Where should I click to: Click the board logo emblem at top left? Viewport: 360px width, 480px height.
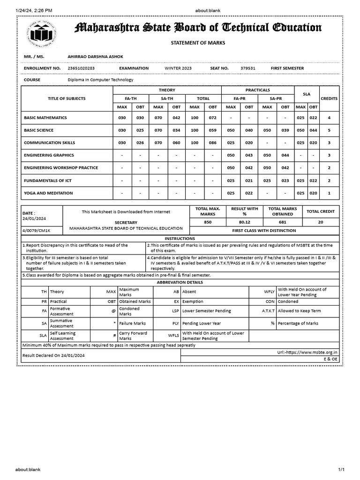click(x=42, y=34)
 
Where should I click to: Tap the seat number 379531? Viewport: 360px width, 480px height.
click(x=248, y=68)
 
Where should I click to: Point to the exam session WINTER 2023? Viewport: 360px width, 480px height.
click(x=178, y=68)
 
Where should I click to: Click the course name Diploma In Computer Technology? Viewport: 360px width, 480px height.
click(x=100, y=80)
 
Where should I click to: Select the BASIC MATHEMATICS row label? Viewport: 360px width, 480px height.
click(x=45, y=118)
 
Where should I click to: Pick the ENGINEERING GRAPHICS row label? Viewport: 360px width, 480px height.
click(x=49, y=155)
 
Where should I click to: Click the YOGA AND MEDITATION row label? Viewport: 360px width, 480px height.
click(x=48, y=193)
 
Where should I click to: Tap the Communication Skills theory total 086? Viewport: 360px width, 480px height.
click(x=212, y=142)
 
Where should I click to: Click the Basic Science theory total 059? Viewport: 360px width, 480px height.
click(x=212, y=130)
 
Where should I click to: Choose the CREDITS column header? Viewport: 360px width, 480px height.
click(x=329, y=99)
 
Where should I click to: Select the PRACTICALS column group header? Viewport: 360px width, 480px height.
click(x=257, y=90)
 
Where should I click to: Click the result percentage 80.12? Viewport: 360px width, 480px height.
click(x=245, y=223)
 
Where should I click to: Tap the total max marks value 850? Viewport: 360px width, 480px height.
click(x=208, y=223)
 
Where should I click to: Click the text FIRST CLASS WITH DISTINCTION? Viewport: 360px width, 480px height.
click(x=264, y=231)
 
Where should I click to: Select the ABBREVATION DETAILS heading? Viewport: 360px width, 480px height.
click(x=180, y=283)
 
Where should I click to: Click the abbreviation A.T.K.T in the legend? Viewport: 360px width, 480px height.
click(x=268, y=311)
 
